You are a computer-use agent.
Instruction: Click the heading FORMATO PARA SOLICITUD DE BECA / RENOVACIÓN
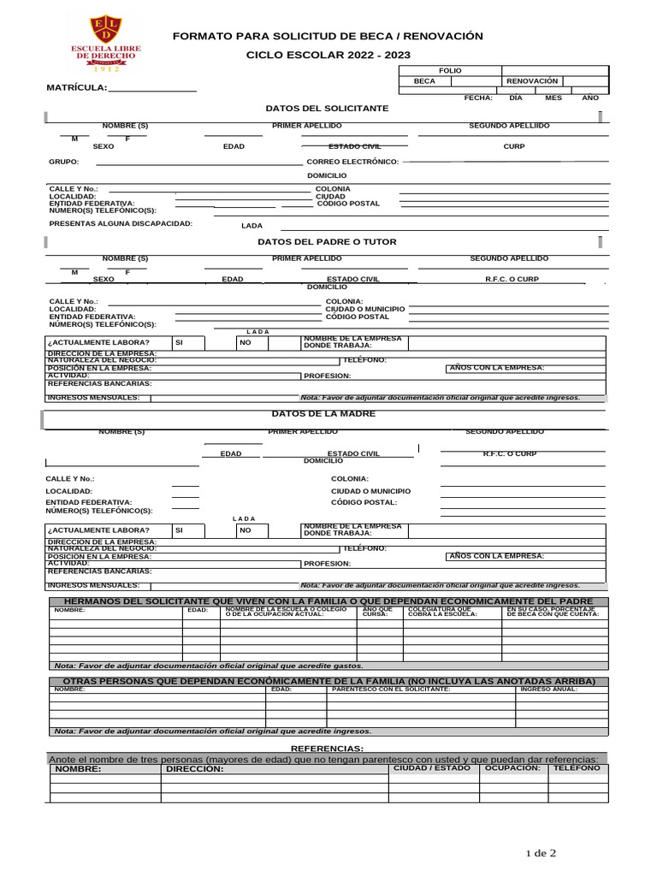pos(328,36)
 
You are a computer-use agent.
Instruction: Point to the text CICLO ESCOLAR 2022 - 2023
pos(328,55)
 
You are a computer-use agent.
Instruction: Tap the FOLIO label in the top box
pos(450,70)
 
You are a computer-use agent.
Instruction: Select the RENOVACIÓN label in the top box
pos(532,81)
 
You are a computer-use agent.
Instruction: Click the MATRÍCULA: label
pos(77,87)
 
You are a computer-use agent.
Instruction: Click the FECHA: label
pos(478,98)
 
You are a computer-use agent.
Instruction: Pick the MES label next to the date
pos(553,98)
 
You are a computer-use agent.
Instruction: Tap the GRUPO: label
pos(64,162)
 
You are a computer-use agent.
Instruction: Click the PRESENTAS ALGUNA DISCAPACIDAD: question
pos(121,223)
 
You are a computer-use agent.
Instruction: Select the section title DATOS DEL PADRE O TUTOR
pos(327,242)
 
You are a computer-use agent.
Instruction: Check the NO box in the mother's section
pos(246,530)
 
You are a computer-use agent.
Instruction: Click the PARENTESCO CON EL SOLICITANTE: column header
pos(391,689)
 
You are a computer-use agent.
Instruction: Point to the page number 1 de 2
pos(541,853)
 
